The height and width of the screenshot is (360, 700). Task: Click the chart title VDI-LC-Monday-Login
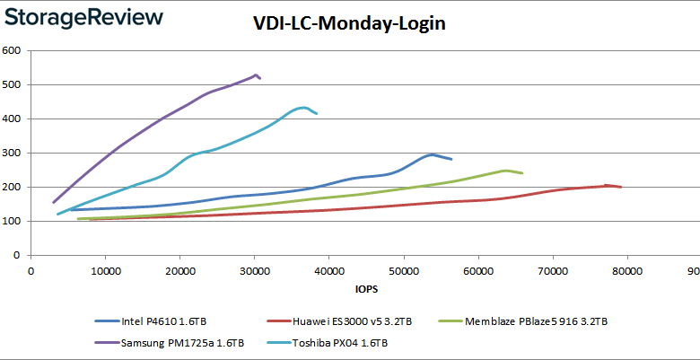pyautogui.click(x=349, y=24)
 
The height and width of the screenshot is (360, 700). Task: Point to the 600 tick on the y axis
pyautogui.click(x=12, y=50)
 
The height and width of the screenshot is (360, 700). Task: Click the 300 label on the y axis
pyautogui.click(x=12, y=153)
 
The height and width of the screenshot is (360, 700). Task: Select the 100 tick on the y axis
pyautogui.click(x=12, y=221)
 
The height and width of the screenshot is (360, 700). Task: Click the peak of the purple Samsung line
pyautogui.click(x=256, y=75)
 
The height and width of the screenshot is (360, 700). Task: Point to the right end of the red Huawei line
pyautogui.click(x=621, y=188)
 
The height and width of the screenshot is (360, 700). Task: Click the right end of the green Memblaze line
pyautogui.click(x=522, y=173)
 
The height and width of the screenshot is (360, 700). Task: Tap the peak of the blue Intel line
pyautogui.click(x=432, y=154)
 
